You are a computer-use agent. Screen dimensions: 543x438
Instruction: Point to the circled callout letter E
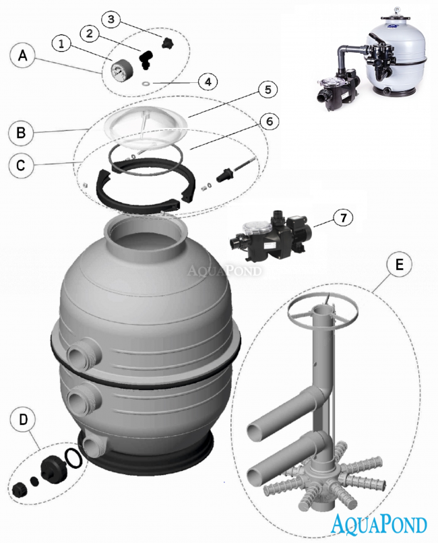coord(400,265)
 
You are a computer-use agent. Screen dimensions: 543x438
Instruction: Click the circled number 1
coord(61,44)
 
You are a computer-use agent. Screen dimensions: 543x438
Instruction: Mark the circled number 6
coord(268,121)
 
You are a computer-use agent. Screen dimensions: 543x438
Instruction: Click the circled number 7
coord(342,218)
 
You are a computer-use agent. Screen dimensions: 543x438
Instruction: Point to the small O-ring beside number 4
coord(146,84)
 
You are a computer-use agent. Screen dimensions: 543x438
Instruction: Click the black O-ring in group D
coord(75,457)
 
